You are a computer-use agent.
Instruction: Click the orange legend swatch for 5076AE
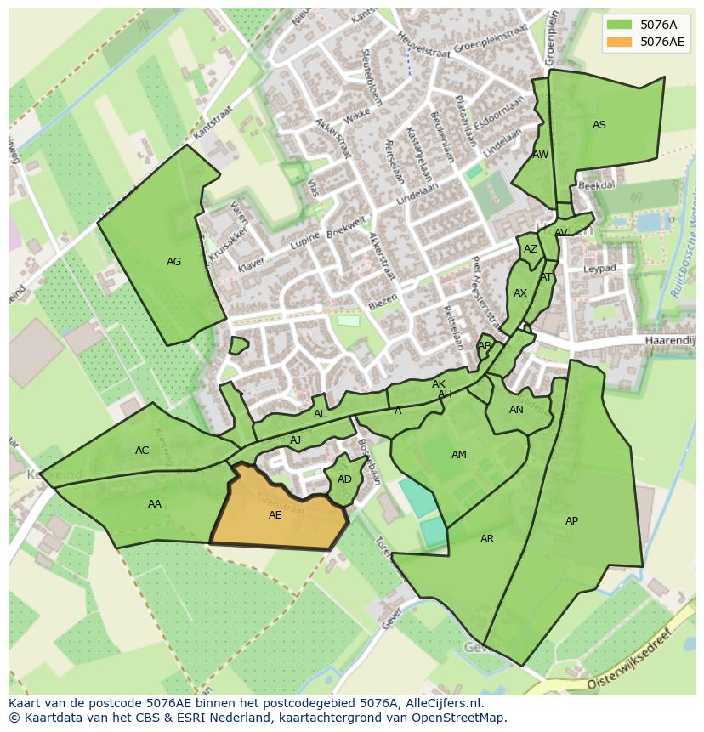[x=619, y=42]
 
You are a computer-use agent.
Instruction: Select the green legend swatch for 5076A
[x=619, y=25]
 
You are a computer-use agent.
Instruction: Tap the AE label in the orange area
[x=275, y=515]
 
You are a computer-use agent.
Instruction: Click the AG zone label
[x=173, y=262]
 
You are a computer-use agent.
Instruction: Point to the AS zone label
[x=599, y=125]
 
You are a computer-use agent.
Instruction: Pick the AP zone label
[x=571, y=521]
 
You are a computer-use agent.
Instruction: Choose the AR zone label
[x=486, y=539]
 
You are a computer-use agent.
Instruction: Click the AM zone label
[x=459, y=455]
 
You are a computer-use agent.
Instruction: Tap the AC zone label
[x=142, y=451]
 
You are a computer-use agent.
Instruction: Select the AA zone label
[x=154, y=504]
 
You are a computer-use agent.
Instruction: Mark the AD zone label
[x=344, y=479]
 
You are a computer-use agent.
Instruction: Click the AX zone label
[x=520, y=293]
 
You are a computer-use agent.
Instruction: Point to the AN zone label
[x=516, y=410]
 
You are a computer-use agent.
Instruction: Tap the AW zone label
[x=541, y=155]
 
